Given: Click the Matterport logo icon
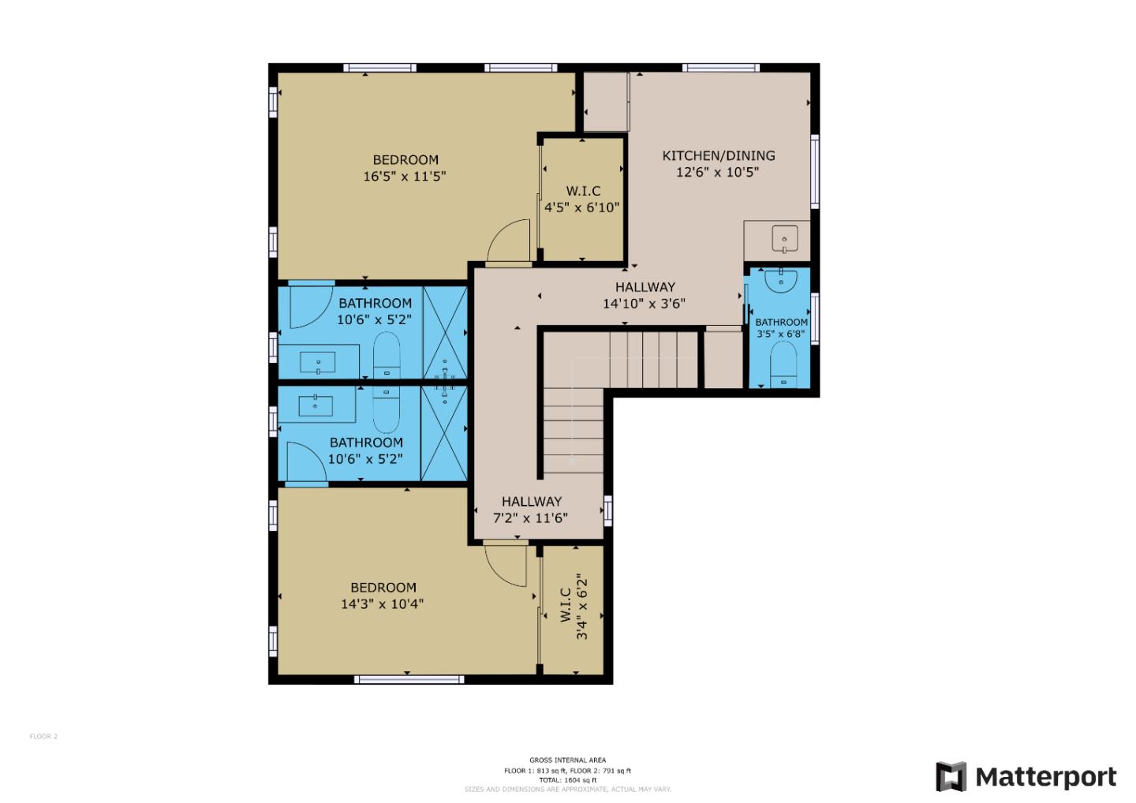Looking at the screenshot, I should coord(951,776).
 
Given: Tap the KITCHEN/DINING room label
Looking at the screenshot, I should coord(718,156).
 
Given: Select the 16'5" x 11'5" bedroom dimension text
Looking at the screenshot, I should coord(404,177).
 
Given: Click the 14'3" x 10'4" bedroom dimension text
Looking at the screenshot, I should coord(382,604).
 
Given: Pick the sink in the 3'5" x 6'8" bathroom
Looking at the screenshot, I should coord(781,280).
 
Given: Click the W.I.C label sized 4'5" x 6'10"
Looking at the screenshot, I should coord(583,191).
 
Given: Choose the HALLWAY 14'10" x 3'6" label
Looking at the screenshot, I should coord(645,295).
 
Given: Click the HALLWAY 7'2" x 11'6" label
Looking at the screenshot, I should coord(531,510).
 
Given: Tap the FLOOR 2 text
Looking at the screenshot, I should coord(43,737).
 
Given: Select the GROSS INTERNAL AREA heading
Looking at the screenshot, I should coord(567,760).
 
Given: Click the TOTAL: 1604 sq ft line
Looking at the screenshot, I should coord(567,780).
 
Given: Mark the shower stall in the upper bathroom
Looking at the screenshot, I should coord(445,332).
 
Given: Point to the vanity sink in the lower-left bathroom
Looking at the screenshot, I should coord(316,405).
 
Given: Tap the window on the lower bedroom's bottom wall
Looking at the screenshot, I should coord(408,679).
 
